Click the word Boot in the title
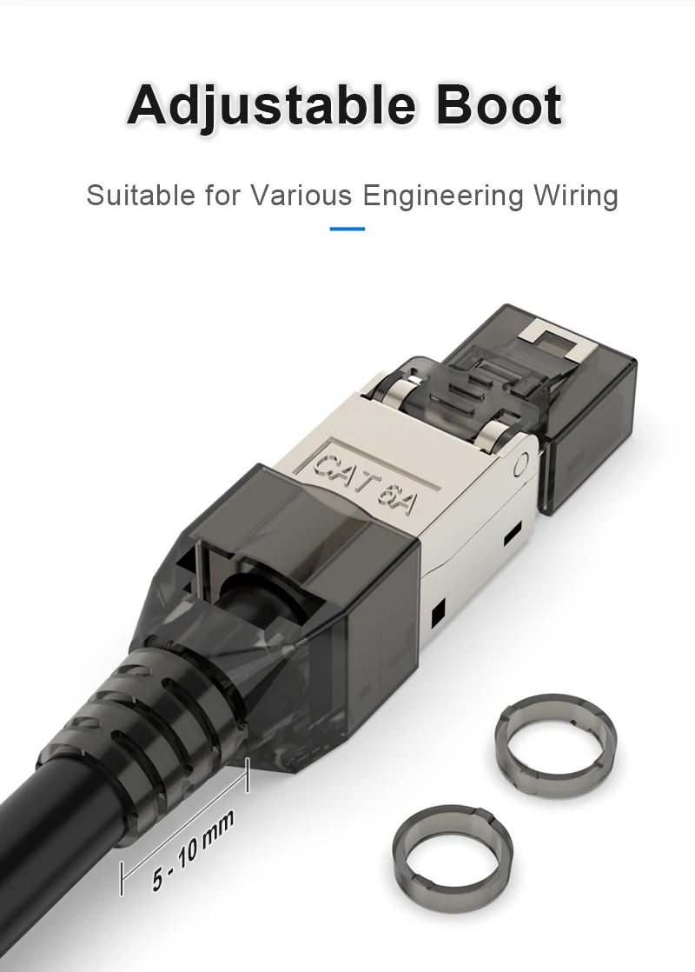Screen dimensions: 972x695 [499, 106]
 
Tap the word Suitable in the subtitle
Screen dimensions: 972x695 [141, 196]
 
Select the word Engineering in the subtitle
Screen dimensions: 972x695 [443, 196]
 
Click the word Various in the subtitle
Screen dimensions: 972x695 [301, 196]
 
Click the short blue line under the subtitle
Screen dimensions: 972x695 [347, 230]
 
